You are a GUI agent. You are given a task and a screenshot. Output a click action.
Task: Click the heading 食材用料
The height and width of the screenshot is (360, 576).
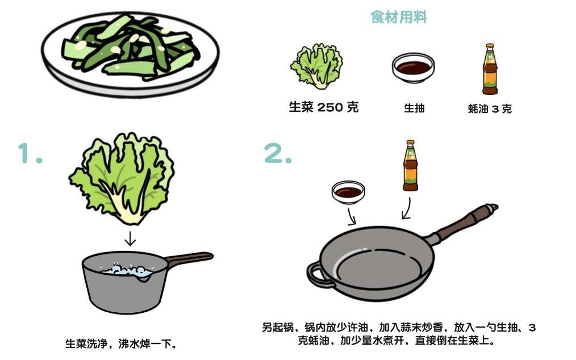pyautogui.click(x=399, y=17)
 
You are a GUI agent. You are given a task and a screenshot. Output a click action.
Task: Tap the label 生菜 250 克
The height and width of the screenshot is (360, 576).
pyautogui.click(x=323, y=107)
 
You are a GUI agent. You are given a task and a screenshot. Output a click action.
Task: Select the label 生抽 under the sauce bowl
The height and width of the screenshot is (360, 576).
pyautogui.click(x=414, y=108)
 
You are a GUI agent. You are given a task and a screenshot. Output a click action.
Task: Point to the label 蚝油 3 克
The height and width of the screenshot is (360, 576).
pyautogui.click(x=490, y=108)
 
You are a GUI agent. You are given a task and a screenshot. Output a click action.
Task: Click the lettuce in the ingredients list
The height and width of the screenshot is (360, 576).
pyautogui.click(x=316, y=67)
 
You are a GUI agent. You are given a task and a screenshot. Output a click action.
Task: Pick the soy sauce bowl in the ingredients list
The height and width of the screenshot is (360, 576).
pyautogui.click(x=414, y=68)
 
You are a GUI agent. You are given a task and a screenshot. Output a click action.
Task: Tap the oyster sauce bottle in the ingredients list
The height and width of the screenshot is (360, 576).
pyautogui.click(x=490, y=69)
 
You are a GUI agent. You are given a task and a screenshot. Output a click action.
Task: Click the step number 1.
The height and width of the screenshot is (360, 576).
pyautogui.click(x=30, y=153)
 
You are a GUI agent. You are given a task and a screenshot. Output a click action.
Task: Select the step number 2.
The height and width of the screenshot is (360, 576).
pyautogui.click(x=278, y=153)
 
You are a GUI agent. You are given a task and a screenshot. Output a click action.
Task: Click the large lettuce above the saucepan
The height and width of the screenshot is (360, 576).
pyautogui.click(x=122, y=179)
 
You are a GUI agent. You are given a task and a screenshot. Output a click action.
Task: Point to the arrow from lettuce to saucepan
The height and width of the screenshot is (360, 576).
pyautogui.click(x=130, y=238)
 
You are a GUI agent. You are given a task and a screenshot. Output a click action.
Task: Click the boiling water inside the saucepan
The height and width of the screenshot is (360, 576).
pyautogui.click(x=128, y=271)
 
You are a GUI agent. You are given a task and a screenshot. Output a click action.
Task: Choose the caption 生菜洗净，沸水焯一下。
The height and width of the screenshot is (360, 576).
pyautogui.click(x=121, y=344)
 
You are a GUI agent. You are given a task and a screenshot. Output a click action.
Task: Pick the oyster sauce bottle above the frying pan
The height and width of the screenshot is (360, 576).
pyautogui.click(x=411, y=165)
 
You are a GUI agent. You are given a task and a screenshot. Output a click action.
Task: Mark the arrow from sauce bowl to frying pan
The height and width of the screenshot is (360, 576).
pyautogui.click(x=352, y=217)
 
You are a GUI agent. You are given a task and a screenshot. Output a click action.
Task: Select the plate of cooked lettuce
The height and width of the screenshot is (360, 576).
pyautogui.click(x=130, y=54)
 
